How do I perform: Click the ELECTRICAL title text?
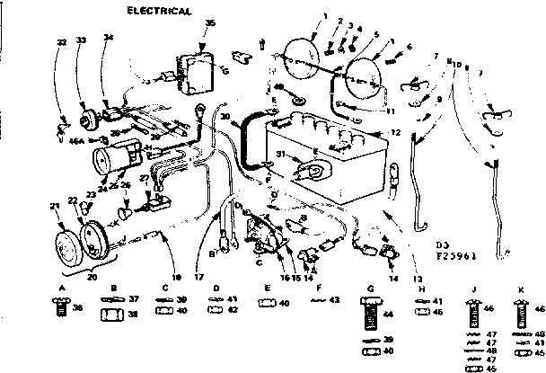pyautogui.click(x=159, y=11)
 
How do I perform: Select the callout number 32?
pyautogui.click(x=61, y=42)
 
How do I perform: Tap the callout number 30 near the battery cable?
pyautogui.click(x=226, y=117)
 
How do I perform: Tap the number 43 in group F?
pyautogui.click(x=335, y=300)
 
